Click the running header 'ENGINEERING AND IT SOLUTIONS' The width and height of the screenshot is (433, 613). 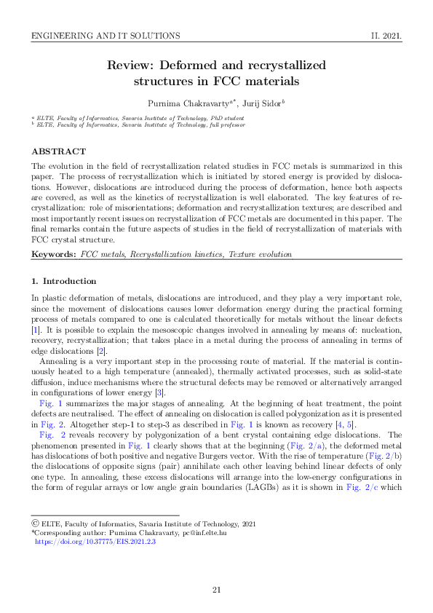click(x=106, y=35)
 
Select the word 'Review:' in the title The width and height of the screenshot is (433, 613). click(x=131, y=66)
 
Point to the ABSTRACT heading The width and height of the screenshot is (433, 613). click(x=58, y=151)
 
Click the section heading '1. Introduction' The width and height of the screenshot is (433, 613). click(x=63, y=281)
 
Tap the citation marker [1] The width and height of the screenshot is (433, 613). click(x=35, y=331)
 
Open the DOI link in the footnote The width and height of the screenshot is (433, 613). click(x=95, y=542)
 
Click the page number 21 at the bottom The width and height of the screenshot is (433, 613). click(x=216, y=590)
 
